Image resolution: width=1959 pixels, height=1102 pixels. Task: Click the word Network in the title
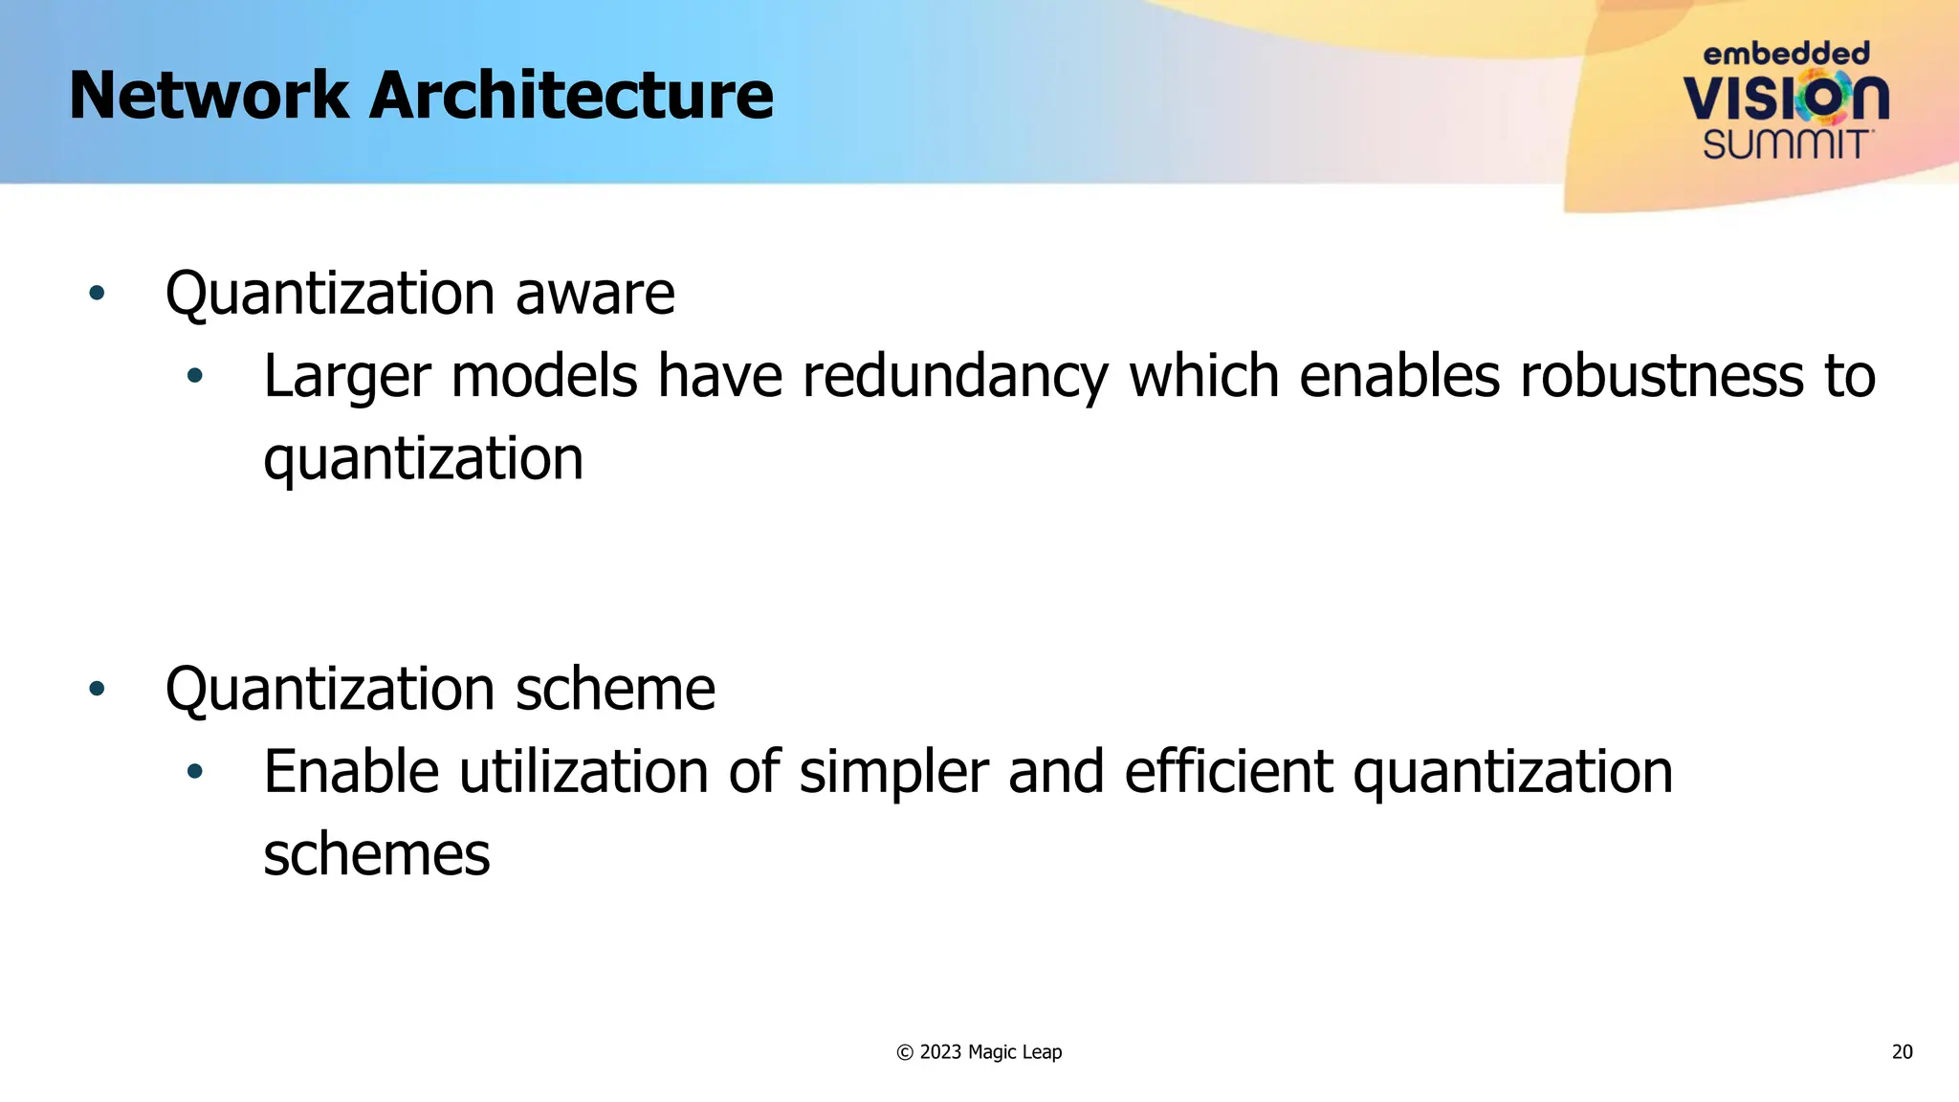[x=209, y=96]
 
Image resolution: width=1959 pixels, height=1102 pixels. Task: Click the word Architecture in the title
[x=571, y=96]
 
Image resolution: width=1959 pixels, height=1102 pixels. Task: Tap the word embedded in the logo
[x=1786, y=54]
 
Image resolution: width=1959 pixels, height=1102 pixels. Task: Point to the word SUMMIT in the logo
[x=1786, y=145]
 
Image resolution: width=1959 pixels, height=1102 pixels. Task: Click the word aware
[x=595, y=293]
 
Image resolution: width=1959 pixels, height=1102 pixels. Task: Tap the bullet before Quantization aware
[x=97, y=293]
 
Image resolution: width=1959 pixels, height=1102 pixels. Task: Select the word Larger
[x=346, y=376]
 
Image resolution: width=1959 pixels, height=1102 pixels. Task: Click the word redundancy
[x=955, y=376]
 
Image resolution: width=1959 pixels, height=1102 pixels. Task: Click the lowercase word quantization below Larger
[x=423, y=459]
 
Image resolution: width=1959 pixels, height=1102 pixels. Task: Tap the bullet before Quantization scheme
[x=97, y=689]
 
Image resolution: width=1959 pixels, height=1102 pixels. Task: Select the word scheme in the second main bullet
[x=615, y=689]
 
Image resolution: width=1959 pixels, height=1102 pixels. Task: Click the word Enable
[x=351, y=772]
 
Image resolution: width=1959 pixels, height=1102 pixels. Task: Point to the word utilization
[x=583, y=772]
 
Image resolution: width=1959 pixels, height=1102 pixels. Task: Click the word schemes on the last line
[x=376, y=855]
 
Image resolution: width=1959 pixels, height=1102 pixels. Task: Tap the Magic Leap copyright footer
[x=979, y=1052]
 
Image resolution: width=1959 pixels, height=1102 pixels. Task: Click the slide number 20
[x=1902, y=1052]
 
